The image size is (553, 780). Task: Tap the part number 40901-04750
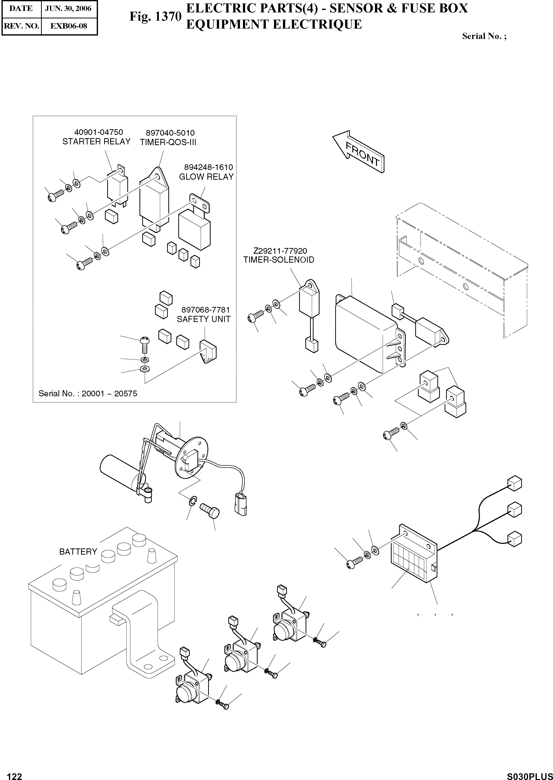98,132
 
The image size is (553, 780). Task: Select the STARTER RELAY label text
96,142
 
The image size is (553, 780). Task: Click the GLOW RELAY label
206,177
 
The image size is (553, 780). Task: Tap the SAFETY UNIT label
203,319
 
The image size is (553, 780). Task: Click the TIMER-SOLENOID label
278,260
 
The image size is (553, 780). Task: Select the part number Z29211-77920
280,251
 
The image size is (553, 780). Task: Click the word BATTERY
78,552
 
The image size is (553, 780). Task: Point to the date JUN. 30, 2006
68,8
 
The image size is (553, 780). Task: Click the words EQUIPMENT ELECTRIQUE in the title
274,25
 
